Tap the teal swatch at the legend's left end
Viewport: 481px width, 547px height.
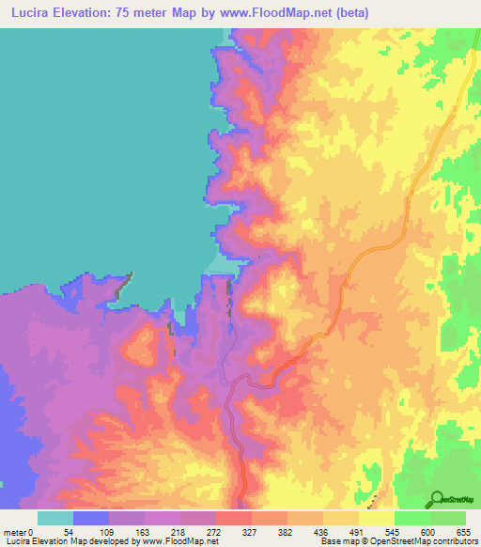tap(55, 518)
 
